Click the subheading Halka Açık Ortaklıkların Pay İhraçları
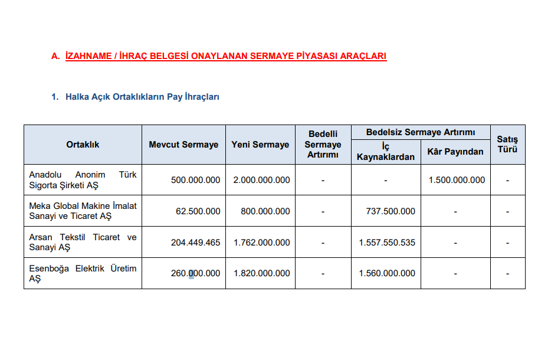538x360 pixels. click(142, 97)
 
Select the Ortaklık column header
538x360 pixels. click(83, 145)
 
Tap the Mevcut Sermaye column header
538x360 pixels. click(183, 145)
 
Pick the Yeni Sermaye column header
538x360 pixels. click(260, 145)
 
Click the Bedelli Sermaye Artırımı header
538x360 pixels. click(323, 145)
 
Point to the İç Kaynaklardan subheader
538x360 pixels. click(386, 152)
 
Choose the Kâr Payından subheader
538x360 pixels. click(455, 152)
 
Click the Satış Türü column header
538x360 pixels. click(507, 145)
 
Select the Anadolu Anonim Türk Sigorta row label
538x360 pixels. click(83, 180)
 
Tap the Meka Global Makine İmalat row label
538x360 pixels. click(83, 211)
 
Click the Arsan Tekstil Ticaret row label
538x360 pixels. click(83, 242)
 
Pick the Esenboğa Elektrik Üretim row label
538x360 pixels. click(83, 273)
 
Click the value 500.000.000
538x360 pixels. click(195, 180)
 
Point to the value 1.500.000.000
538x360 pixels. click(457, 180)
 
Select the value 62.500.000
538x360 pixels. click(198, 211)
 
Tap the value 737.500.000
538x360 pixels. click(391, 211)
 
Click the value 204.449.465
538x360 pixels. click(195, 243)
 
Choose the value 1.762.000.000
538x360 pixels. click(261, 243)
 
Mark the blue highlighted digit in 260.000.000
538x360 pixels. click(191, 273)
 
